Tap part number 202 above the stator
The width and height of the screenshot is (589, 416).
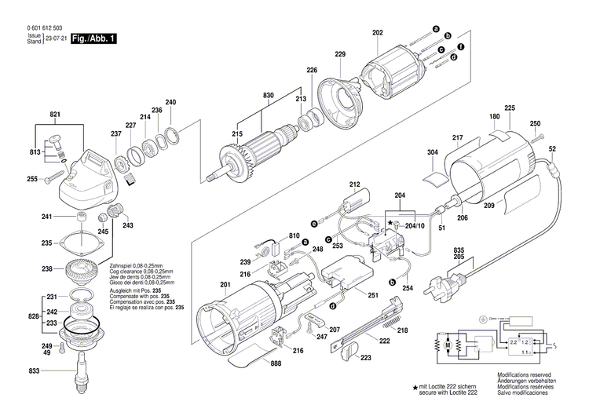pyautogui.click(x=378, y=32)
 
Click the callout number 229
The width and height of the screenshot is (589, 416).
pyautogui.click(x=339, y=54)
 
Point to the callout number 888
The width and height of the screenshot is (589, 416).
pyautogui.click(x=276, y=363)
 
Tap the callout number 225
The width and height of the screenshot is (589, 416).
pyautogui.click(x=510, y=108)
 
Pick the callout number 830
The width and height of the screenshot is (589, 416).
pyautogui.click(x=269, y=95)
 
